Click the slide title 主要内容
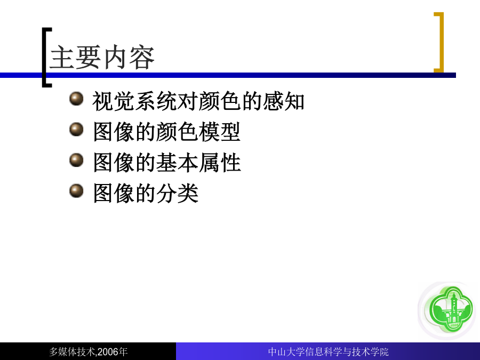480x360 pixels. tap(102, 57)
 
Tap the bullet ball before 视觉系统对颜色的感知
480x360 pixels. tap(76, 99)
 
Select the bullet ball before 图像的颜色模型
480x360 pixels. tap(76, 129)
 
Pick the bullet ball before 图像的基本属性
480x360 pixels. tap(76, 160)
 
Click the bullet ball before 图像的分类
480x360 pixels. tap(76, 191)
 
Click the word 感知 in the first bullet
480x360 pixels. tap(284, 101)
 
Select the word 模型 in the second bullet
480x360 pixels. tap(219, 132)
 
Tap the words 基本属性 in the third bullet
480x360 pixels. tap(198, 163)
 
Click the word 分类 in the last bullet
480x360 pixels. tap(177, 193)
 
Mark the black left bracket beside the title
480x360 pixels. tap(44, 58)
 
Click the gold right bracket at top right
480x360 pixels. tap(442, 42)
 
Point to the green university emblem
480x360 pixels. tap(450, 309)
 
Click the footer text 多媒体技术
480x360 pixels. tap(72, 352)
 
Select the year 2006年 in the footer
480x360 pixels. tap(113, 352)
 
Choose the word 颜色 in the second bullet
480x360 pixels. tap(177, 132)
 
